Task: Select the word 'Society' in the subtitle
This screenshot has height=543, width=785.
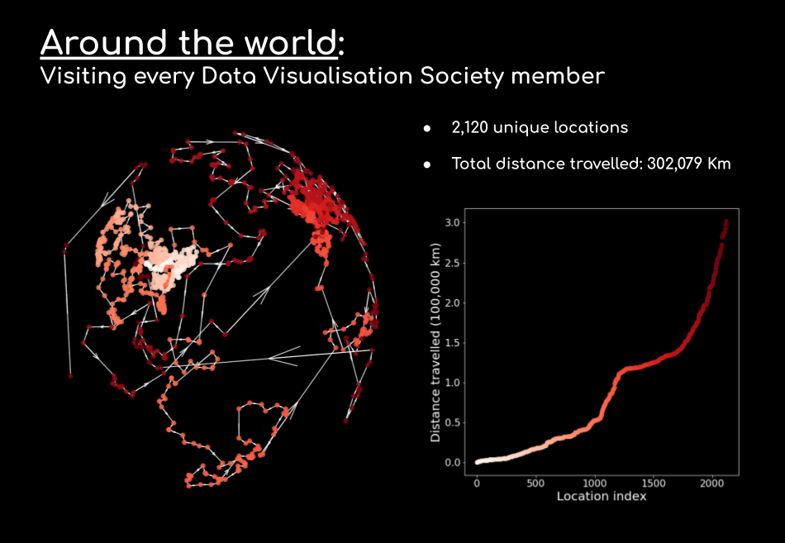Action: point(459,77)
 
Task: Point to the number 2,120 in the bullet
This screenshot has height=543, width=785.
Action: point(471,127)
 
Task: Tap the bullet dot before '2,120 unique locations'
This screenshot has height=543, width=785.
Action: point(427,128)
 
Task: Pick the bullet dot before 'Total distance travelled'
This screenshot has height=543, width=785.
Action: point(427,164)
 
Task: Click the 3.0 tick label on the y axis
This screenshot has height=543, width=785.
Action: point(451,223)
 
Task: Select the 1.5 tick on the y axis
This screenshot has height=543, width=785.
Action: point(451,343)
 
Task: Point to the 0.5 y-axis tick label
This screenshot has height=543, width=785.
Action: point(451,422)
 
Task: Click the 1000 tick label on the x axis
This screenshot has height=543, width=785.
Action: point(594,483)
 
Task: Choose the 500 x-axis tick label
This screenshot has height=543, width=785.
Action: point(535,483)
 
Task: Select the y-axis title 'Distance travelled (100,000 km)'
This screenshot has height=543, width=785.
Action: point(435,342)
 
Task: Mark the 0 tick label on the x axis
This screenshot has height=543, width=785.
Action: point(477,483)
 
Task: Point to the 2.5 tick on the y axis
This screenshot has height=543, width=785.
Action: point(451,263)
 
